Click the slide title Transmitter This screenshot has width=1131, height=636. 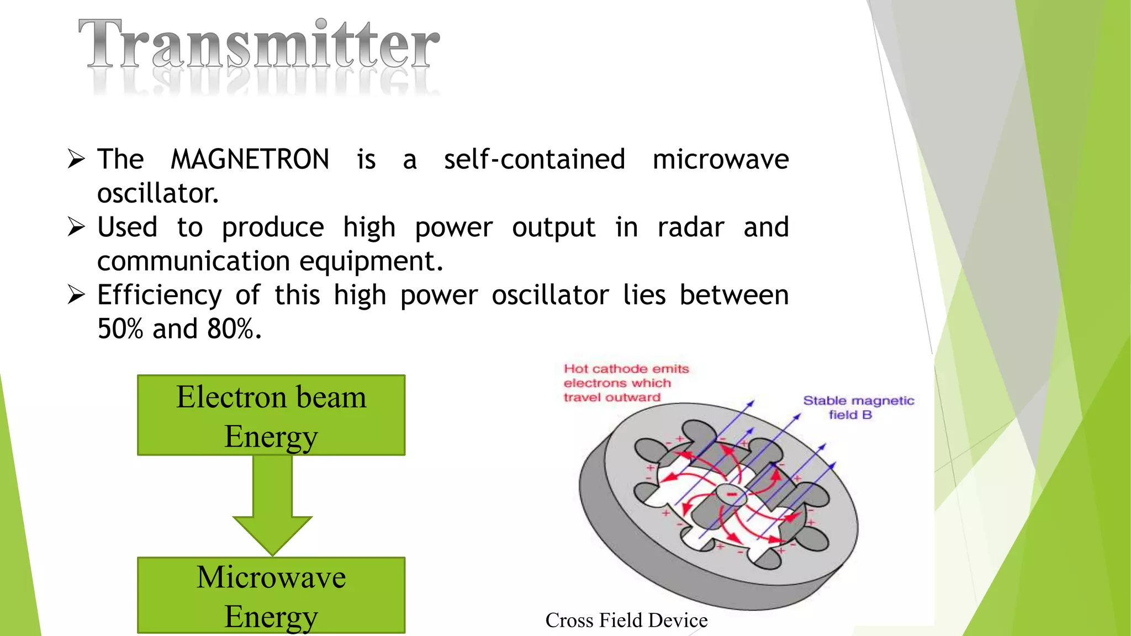258,44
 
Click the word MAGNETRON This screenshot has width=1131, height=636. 250,160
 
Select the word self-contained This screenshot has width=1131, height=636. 534,160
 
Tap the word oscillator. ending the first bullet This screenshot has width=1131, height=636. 158,194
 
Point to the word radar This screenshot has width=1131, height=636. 690,227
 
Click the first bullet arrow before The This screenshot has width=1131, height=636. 76,159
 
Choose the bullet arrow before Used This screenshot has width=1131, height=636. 76,227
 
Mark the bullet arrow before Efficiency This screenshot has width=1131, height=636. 76,295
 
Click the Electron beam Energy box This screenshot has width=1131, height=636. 271,415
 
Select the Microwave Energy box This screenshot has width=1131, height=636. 271,595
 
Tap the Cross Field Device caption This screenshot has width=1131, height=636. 626,621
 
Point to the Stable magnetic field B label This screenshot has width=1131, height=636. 858,407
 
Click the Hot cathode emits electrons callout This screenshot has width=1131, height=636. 626,383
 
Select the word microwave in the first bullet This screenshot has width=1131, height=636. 721,160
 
